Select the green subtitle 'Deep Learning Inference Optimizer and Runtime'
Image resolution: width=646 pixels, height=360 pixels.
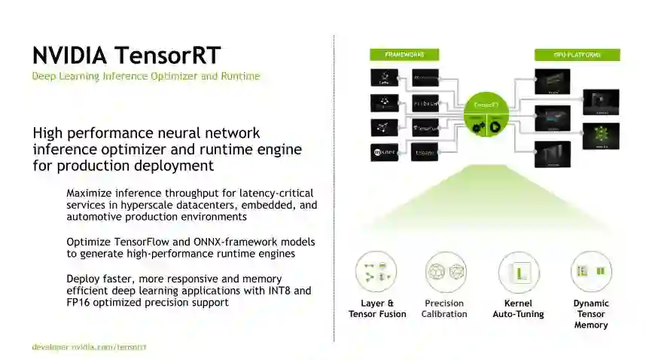click(145, 76)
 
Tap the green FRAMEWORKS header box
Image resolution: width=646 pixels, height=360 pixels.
click(405, 55)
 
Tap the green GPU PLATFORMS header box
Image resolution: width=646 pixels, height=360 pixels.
click(577, 55)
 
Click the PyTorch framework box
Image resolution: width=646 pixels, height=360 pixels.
click(431, 102)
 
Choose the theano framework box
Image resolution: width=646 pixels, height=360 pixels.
click(431, 151)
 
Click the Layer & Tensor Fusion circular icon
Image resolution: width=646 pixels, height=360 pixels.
click(376, 272)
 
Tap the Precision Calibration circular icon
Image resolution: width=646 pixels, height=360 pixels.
click(444, 272)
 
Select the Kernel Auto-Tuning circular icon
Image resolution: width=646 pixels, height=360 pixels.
click(518, 272)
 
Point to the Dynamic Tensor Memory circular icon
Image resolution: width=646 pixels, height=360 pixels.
click(591, 272)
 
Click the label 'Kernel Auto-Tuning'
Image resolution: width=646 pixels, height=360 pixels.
click(518, 309)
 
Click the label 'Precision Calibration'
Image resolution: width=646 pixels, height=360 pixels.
click(444, 309)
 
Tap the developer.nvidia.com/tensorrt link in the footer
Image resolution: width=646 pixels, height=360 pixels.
click(89, 346)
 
